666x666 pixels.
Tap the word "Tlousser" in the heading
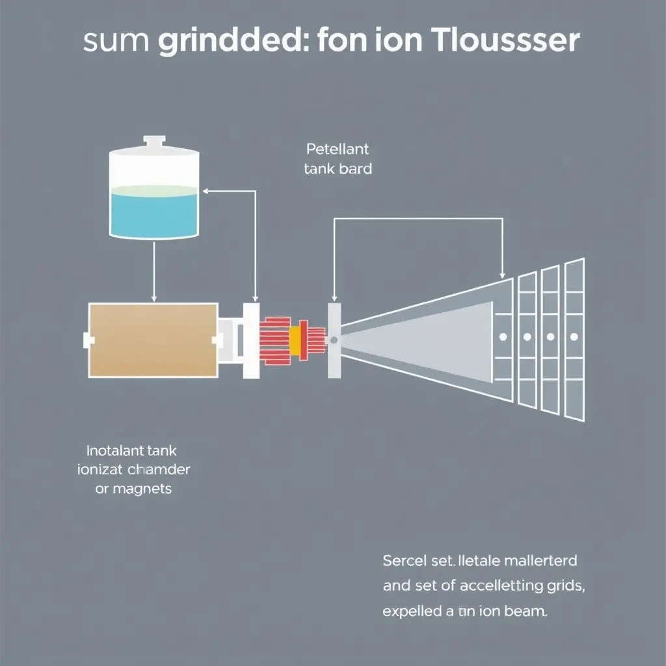coord(505,40)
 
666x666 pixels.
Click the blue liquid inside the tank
coord(153,212)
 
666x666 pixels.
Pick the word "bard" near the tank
coord(356,169)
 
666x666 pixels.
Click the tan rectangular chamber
coord(153,340)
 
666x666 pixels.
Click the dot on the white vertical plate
coord(334,340)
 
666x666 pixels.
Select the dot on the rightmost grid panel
coord(574,337)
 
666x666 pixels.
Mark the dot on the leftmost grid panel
coord(503,337)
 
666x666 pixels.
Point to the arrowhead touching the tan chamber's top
coord(153,299)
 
